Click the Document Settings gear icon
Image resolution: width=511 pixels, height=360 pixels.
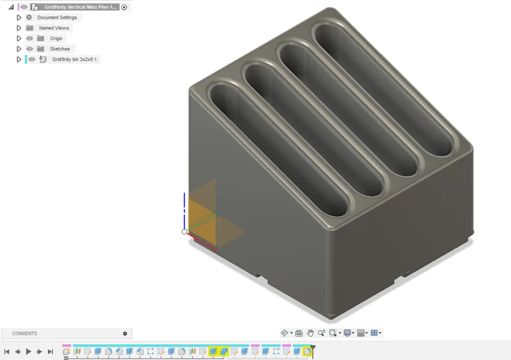click(29, 17)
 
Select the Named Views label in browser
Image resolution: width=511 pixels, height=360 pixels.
click(54, 28)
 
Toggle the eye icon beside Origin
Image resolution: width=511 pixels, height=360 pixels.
click(30, 38)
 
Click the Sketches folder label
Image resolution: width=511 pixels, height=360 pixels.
click(60, 49)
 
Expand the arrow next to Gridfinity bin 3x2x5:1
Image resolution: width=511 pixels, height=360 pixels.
click(19, 59)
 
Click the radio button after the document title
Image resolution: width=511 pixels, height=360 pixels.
click(124, 7)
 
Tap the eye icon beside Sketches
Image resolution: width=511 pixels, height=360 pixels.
click(30, 49)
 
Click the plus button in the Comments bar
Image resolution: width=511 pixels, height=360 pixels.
click(125, 333)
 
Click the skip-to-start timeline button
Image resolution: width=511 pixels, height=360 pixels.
click(7, 351)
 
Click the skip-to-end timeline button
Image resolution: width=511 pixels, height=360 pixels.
click(51, 351)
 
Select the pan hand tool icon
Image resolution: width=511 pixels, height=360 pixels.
click(310, 333)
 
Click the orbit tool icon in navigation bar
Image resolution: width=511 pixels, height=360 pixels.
click(285, 333)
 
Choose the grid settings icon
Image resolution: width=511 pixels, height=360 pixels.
click(361, 333)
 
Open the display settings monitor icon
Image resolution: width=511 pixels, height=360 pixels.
click(347, 333)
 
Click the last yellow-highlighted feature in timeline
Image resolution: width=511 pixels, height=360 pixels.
click(307, 351)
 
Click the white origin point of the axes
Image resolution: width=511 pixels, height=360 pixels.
click(184, 232)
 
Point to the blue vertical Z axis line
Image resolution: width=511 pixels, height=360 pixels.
click(184, 209)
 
